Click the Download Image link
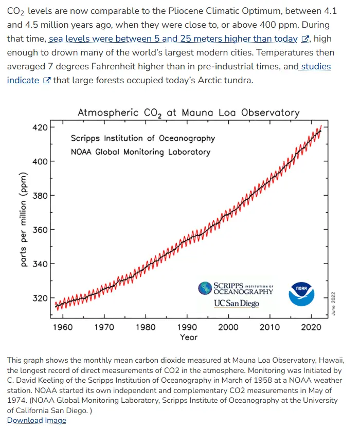pyautogui.click(x=37, y=420)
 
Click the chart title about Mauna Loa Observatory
pyautogui.click(x=188, y=113)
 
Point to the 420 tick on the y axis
pyautogui.click(x=40, y=127)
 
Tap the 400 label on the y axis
pyautogui.click(x=40, y=161)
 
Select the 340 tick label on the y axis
pyautogui.click(x=40, y=264)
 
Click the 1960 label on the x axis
pyautogui.click(x=63, y=327)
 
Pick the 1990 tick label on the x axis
pyautogui.click(x=187, y=327)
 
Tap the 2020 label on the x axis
pyautogui.click(x=311, y=327)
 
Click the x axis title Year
pyautogui.click(x=188, y=337)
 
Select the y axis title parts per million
pyautogui.click(x=24, y=220)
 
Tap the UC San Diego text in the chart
pyautogui.click(x=237, y=303)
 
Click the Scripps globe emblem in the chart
pyautogui.click(x=205, y=288)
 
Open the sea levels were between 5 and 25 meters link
pyautogui.click(x=173, y=39)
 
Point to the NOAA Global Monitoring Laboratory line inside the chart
pyautogui.click(x=140, y=152)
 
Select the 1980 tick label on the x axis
pyautogui.click(x=146, y=327)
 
